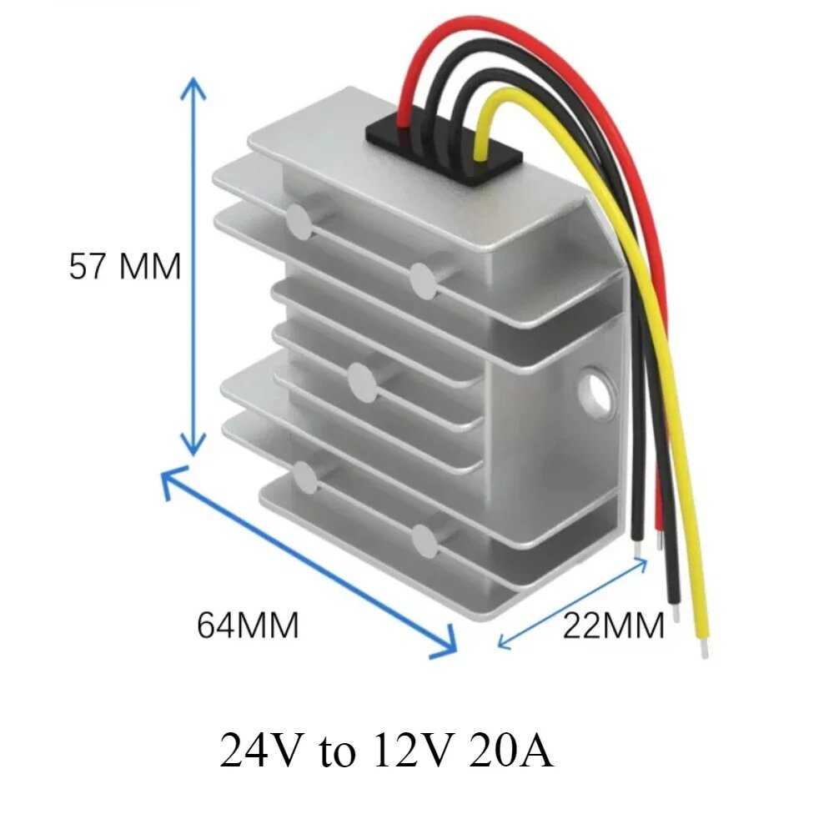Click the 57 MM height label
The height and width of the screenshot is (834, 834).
[x=124, y=267]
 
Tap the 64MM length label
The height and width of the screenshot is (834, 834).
[x=248, y=625]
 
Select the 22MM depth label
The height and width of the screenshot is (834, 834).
[x=614, y=625]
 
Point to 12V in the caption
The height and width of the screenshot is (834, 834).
[x=405, y=751]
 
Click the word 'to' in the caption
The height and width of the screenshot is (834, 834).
[x=334, y=752]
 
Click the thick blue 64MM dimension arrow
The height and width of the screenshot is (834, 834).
[x=309, y=562]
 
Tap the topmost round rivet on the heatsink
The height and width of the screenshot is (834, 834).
[x=298, y=219]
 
